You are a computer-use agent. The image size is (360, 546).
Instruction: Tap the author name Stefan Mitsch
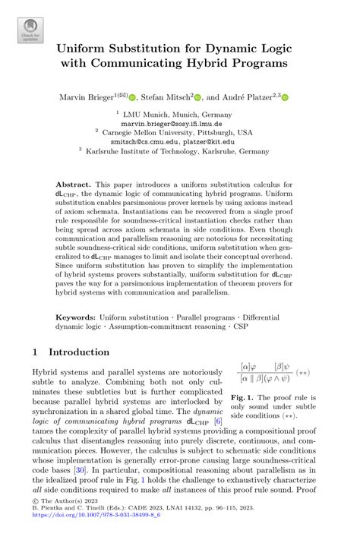(166, 97)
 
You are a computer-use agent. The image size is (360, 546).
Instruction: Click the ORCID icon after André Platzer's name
(285, 98)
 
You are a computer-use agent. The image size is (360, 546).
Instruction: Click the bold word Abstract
(74, 185)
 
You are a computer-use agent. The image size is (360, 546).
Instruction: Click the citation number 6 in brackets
(217, 420)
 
